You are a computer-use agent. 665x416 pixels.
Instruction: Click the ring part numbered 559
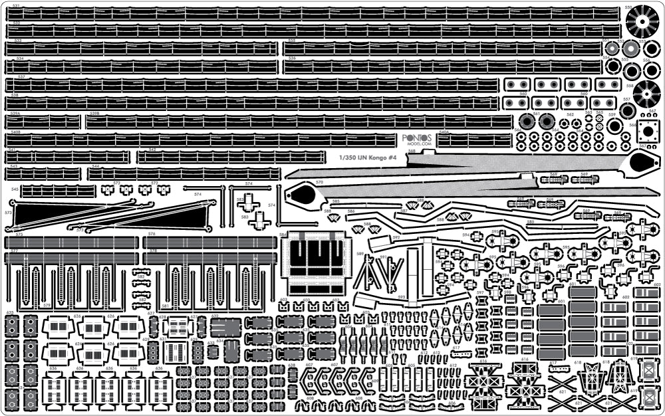[x=615, y=126]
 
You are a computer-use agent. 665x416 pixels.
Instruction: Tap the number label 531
[x=17, y=6]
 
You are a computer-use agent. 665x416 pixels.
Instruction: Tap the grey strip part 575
[x=71, y=243]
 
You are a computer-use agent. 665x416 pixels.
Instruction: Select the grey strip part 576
[x=209, y=243]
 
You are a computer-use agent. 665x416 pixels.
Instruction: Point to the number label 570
[x=319, y=182]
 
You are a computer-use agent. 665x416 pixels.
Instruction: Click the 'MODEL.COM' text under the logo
[x=418, y=144]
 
